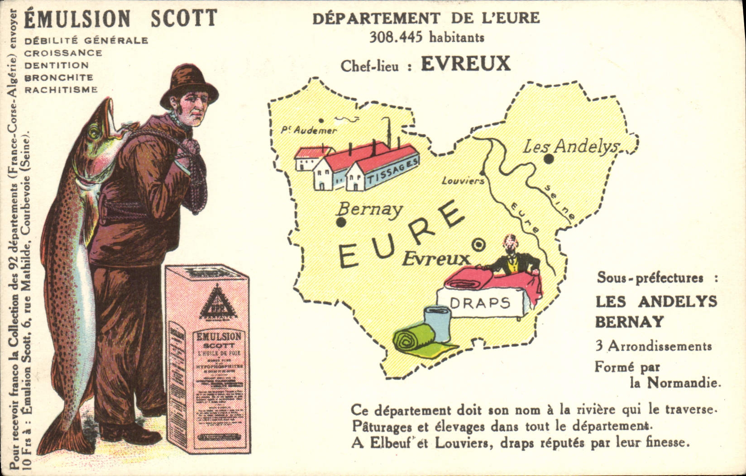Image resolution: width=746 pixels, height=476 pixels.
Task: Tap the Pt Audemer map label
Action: (x=309, y=130)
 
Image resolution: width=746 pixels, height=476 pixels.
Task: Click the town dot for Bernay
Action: (x=341, y=222)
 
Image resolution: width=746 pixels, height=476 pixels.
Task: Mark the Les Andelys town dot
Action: (x=549, y=159)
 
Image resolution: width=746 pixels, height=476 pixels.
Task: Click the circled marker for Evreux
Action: (x=478, y=245)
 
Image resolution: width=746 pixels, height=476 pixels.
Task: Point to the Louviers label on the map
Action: (x=463, y=181)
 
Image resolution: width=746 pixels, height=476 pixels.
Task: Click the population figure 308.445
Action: (x=396, y=37)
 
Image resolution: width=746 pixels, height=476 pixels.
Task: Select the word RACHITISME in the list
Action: (x=61, y=90)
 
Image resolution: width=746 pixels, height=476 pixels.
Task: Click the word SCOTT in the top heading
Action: (x=183, y=18)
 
